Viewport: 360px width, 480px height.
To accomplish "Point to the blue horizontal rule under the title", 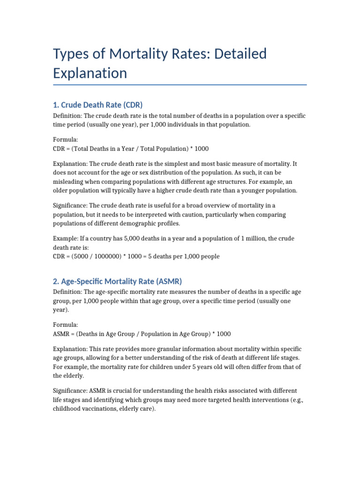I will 180,85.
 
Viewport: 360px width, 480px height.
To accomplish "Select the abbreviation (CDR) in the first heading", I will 133,105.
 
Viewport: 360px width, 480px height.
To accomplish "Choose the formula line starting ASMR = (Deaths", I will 142,334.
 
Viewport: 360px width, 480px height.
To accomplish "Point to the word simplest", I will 183,164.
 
